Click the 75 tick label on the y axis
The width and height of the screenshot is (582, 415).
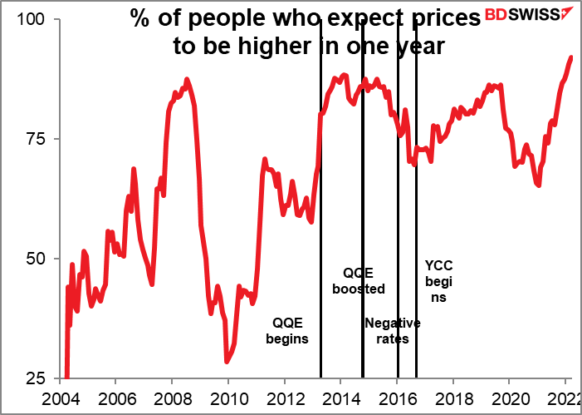38,139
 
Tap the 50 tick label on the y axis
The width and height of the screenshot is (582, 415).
38,259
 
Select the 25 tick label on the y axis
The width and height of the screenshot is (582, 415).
38,378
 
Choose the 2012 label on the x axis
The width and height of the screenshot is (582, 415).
285,398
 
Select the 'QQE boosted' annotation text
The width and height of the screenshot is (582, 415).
359,281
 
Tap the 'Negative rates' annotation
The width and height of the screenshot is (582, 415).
393,331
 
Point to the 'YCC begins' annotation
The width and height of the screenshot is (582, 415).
439,281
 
